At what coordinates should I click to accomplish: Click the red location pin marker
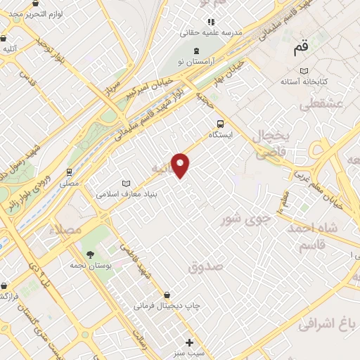[x=181, y=165]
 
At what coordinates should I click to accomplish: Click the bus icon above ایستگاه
[x=220, y=121]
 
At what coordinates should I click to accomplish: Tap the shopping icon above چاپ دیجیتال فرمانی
[x=167, y=295]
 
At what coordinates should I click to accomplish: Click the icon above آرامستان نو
[x=196, y=50]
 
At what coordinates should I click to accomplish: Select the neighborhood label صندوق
[x=205, y=266]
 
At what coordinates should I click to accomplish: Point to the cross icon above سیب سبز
[x=188, y=342]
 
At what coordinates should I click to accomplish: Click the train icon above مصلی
[x=69, y=172]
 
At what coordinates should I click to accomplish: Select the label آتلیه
[x=10, y=49]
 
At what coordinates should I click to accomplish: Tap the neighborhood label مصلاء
[x=65, y=230]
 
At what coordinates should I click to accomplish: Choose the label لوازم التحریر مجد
[x=42, y=15]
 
